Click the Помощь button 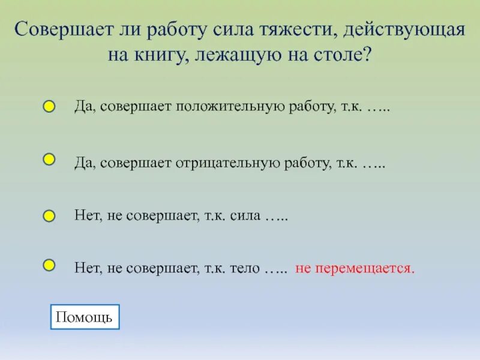(x=85, y=317)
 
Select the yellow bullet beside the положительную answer (x=49, y=107)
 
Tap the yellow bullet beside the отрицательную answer (x=49, y=160)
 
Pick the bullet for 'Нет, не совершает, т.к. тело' (x=49, y=265)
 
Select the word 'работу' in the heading (x=173, y=30)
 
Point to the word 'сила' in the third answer (x=245, y=216)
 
